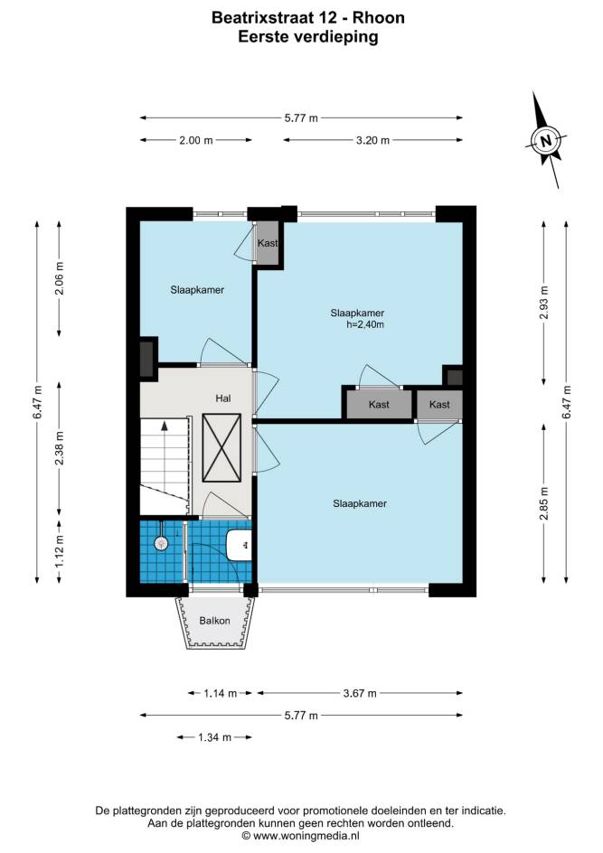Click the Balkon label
pyautogui.click(x=214, y=620)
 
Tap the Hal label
pyautogui.click(x=223, y=398)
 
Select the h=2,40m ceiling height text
pyautogui.click(x=365, y=324)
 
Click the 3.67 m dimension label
pyautogui.click(x=360, y=693)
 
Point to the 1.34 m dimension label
pyautogui.click(x=214, y=737)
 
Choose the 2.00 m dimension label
pyautogui.click(x=196, y=140)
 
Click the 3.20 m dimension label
pyautogui.click(x=372, y=140)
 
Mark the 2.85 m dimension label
pyautogui.click(x=544, y=503)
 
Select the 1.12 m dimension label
pyautogui.click(x=60, y=550)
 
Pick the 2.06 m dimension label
pyautogui.click(x=60, y=278)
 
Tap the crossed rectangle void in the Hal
pyautogui.click(x=221, y=447)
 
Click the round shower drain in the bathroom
pyautogui.click(x=161, y=542)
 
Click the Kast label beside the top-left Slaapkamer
pyautogui.click(x=268, y=243)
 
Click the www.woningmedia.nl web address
pyautogui.click(x=306, y=836)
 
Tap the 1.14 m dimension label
pyautogui.click(x=221, y=693)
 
